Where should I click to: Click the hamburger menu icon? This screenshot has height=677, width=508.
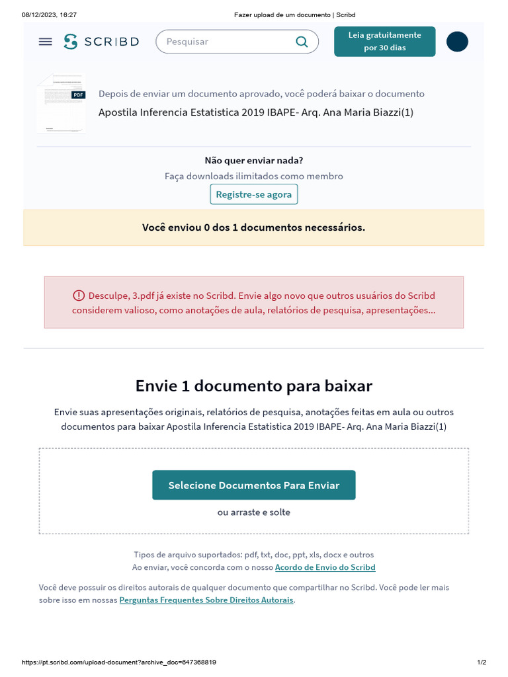[x=45, y=42]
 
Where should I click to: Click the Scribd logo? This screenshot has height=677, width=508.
[x=101, y=42]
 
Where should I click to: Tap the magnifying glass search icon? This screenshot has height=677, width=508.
[x=302, y=42]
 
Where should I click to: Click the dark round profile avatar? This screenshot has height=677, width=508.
[x=457, y=42]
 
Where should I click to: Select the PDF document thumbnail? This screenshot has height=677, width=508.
[x=62, y=104]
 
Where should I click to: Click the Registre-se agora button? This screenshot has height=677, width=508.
[x=254, y=194]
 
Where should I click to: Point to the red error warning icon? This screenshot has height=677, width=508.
[x=79, y=296]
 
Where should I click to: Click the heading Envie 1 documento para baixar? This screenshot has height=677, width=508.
[x=254, y=385]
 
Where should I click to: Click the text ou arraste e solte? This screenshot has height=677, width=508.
[x=254, y=512]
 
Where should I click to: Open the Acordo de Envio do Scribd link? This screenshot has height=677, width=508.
[x=325, y=567]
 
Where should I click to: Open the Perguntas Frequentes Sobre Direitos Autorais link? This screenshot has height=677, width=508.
[x=206, y=600]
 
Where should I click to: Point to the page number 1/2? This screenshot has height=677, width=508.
[x=482, y=662]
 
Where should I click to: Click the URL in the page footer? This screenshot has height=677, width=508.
[x=119, y=662]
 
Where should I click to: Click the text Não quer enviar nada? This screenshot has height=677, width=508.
[x=254, y=160]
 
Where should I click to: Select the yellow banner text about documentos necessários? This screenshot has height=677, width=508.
[x=254, y=227]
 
